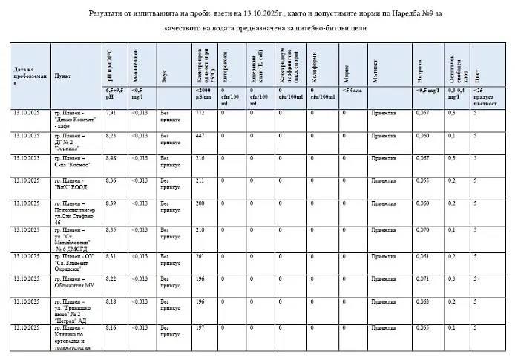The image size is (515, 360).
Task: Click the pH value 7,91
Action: point(111,112)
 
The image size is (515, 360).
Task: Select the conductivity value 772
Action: point(200,112)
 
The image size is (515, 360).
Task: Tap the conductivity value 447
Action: point(200,136)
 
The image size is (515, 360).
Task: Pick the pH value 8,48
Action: point(111,158)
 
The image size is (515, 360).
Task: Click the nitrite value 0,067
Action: point(422,158)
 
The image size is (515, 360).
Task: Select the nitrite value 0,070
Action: point(422,230)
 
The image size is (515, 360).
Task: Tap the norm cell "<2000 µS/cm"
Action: point(203,94)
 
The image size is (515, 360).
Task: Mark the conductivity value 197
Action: point(200,327)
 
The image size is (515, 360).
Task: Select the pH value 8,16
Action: point(111,327)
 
